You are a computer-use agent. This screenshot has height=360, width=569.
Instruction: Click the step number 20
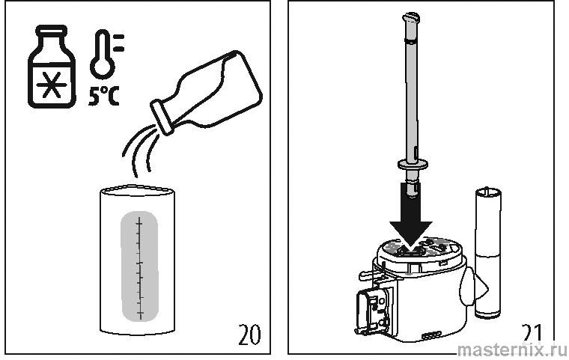[x=249, y=335]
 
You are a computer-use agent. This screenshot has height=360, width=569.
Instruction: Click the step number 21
[x=532, y=334]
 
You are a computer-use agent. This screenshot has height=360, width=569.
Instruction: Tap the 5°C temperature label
[x=104, y=97]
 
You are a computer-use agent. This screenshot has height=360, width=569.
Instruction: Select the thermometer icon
[x=106, y=55]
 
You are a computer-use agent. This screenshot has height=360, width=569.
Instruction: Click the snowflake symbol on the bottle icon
[x=52, y=85]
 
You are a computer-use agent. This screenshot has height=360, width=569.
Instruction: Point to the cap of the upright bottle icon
[x=52, y=31]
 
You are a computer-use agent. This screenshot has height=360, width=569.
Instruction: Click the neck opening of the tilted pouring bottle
[x=162, y=118]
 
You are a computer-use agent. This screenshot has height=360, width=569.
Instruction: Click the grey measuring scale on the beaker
[x=140, y=266]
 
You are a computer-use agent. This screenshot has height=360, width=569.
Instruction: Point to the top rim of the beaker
[x=137, y=191]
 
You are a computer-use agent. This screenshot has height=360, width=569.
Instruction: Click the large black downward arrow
[x=411, y=216]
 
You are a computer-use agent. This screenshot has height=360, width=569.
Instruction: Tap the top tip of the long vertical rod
[x=411, y=16]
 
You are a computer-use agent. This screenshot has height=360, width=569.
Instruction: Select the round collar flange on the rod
[x=413, y=165]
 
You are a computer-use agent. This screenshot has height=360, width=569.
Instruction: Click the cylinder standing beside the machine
[x=488, y=253]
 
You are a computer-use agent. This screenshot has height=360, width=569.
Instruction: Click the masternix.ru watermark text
[x=512, y=350]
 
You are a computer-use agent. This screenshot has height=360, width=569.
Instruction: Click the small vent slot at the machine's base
[x=431, y=335]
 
